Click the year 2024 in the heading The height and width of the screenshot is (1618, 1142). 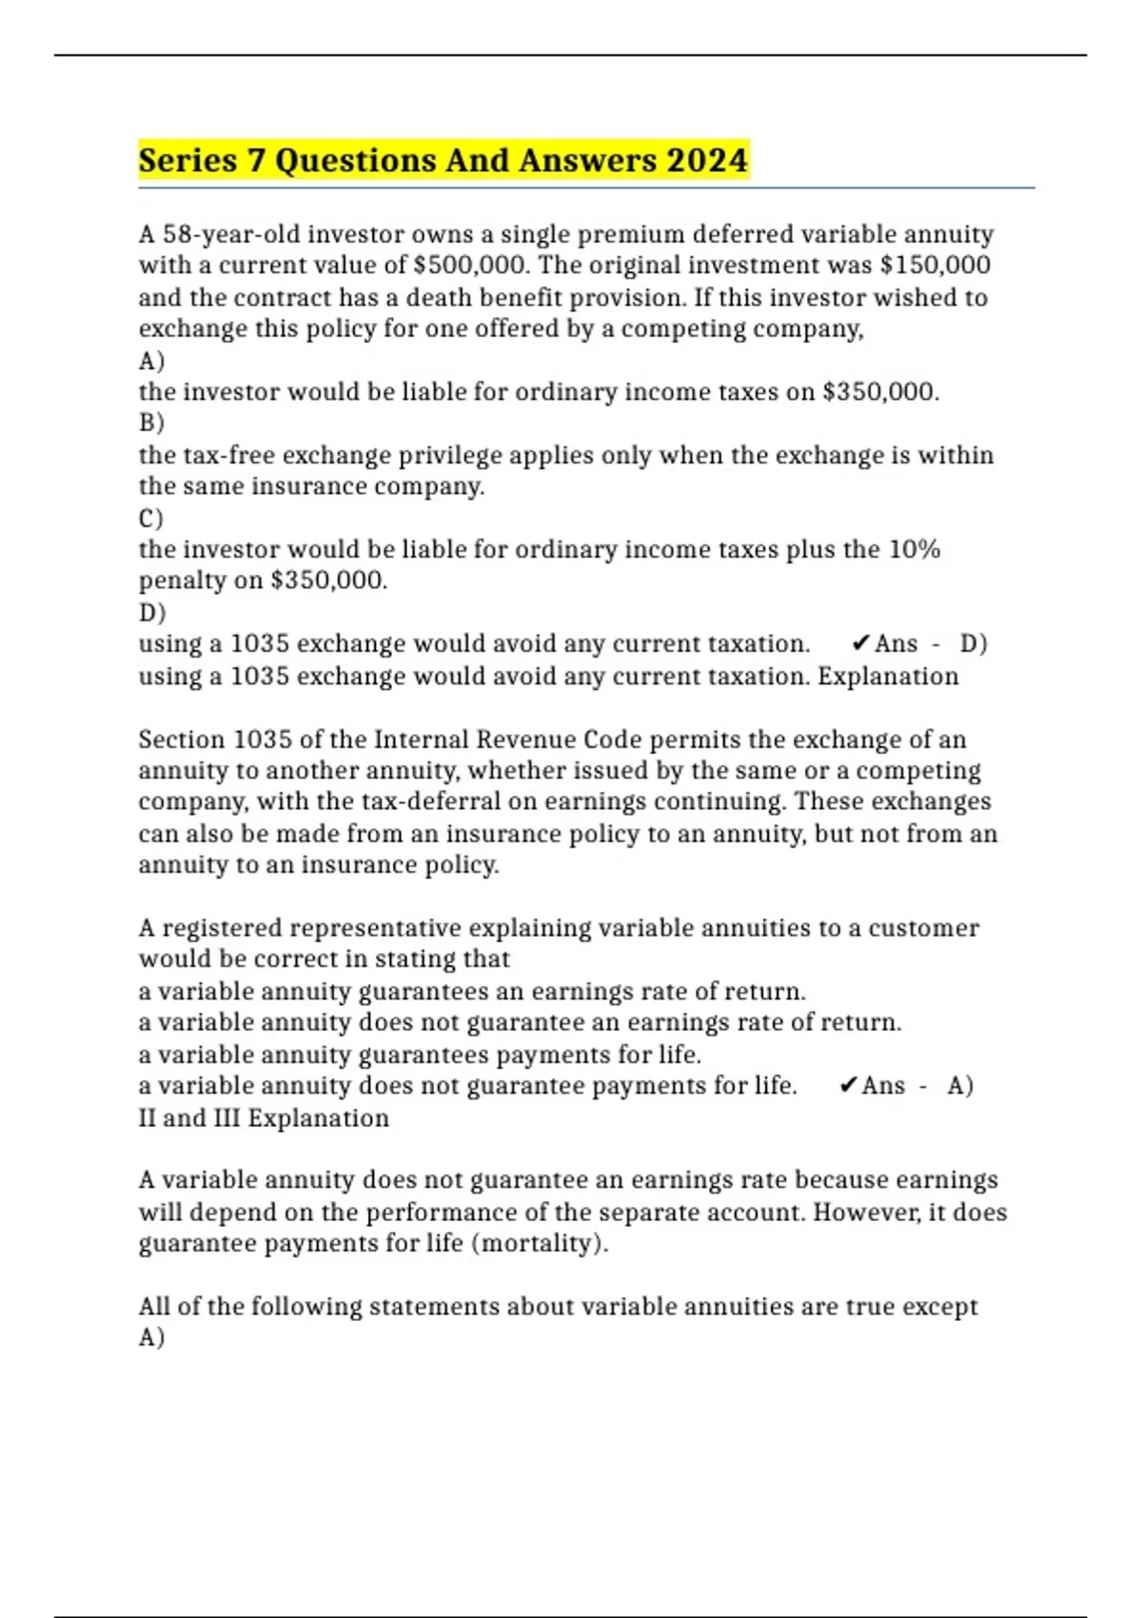click(x=707, y=160)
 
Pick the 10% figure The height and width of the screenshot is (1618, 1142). click(x=915, y=549)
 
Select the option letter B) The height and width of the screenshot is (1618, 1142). click(x=151, y=423)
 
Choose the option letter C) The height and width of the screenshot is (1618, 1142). click(x=151, y=519)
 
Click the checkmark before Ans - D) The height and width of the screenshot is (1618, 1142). click(x=860, y=644)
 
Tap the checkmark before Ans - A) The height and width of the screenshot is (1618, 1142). click(x=848, y=1086)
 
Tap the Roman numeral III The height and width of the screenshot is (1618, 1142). click(x=226, y=1117)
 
